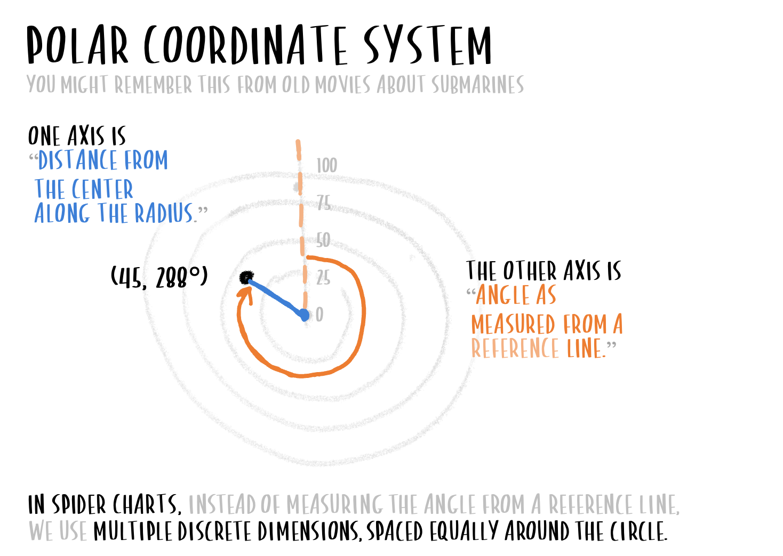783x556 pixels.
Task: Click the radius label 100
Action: (326, 166)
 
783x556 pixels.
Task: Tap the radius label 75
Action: (323, 203)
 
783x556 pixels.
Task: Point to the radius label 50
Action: (323, 240)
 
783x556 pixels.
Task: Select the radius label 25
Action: (323, 277)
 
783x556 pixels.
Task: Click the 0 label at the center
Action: (319, 315)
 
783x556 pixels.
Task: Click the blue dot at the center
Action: (304, 315)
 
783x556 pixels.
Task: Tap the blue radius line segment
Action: (275, 296)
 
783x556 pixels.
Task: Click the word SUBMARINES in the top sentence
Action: (477, 85)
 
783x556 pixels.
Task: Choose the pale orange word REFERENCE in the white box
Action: (515, 349)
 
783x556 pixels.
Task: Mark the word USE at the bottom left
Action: (73, 531)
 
